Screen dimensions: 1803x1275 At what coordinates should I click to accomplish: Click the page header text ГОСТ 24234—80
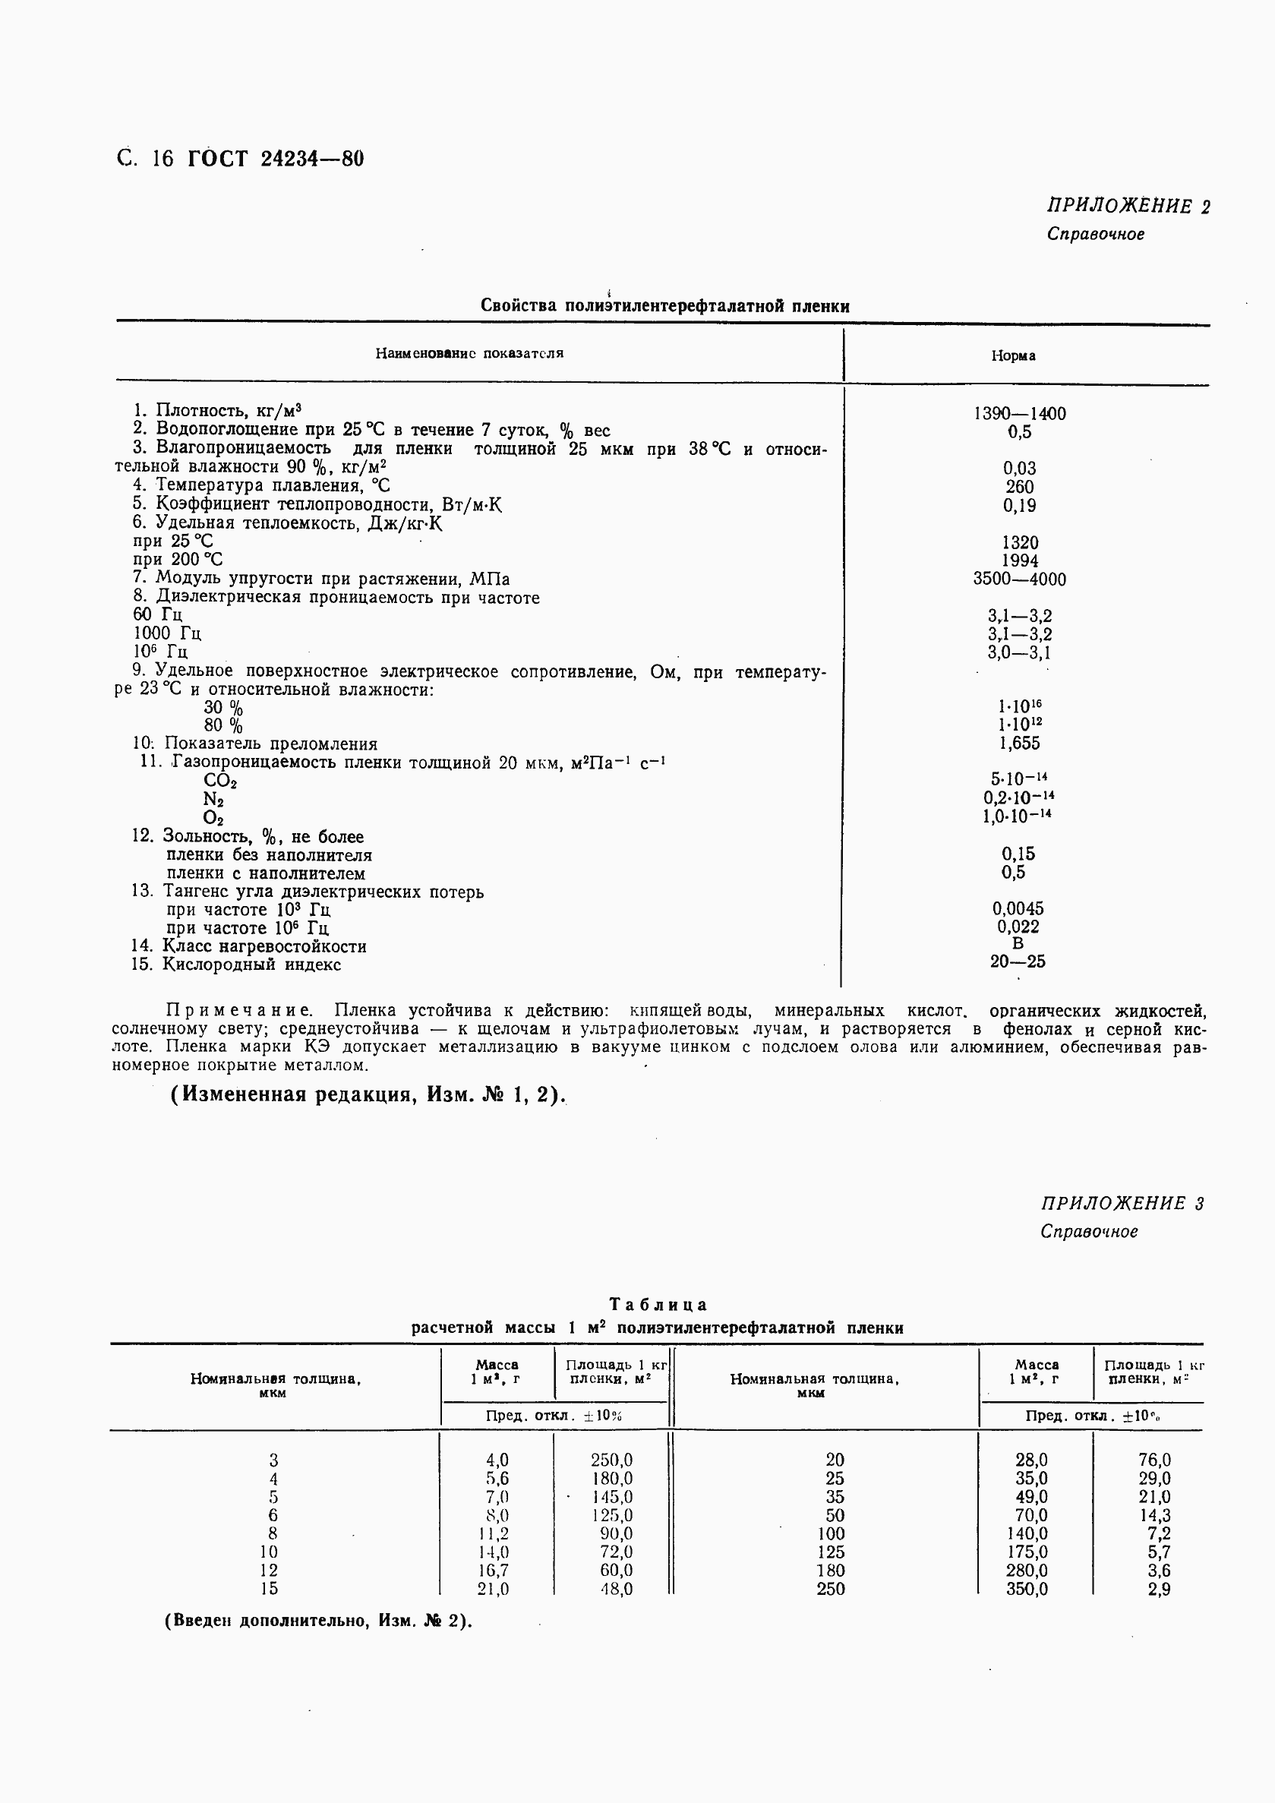point(276,159)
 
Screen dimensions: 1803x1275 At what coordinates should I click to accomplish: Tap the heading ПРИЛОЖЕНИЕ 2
point(1128,206)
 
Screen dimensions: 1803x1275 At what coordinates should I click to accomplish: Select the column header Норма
point(1013,355)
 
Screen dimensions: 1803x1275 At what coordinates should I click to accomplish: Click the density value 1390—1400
point(1019,413)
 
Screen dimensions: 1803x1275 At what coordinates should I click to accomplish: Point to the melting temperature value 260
point(1019,487)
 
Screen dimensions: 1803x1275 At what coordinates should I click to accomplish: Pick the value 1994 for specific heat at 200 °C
point(1019,560)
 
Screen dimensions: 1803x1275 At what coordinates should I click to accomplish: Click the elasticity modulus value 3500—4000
point(1019,579)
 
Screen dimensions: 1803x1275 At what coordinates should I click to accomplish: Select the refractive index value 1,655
point(1019,743)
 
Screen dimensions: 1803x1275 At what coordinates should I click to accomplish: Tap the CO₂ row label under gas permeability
point(219,781)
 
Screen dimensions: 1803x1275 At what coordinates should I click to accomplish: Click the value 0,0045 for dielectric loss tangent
point(1018,908)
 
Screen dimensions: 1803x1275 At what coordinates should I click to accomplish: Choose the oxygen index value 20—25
point(1018,961)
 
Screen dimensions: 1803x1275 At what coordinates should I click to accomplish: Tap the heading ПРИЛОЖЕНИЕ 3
point(1122,1203)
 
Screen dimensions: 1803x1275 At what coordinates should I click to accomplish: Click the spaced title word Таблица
point(658,1304)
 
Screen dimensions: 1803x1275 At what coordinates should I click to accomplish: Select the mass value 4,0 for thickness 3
point(497,1460)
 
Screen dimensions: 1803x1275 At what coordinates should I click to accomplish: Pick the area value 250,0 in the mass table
point(611,1460)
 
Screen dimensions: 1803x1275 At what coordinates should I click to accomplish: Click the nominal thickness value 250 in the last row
point(831,1589)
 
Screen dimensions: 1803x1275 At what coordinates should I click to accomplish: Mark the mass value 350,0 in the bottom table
point(1026,1589)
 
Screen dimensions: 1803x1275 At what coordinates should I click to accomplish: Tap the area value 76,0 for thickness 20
point(1154,1460)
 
